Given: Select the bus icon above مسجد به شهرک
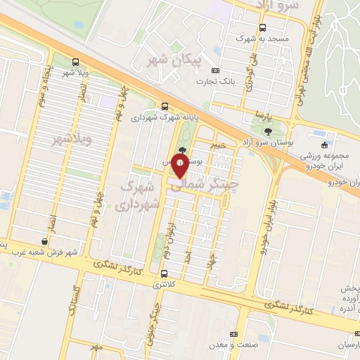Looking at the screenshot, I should point(262,27).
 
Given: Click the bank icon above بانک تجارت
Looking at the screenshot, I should point(215,71).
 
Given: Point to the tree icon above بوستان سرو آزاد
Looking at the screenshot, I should point(267,131).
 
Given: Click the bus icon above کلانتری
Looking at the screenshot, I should point(165,274).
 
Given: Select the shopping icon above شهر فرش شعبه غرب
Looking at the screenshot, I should point(45,241).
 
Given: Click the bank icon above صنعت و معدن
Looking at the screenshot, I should point(234,334).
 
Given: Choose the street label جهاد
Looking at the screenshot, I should point(210,257).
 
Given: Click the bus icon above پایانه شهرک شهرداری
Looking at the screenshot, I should point(165,105).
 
